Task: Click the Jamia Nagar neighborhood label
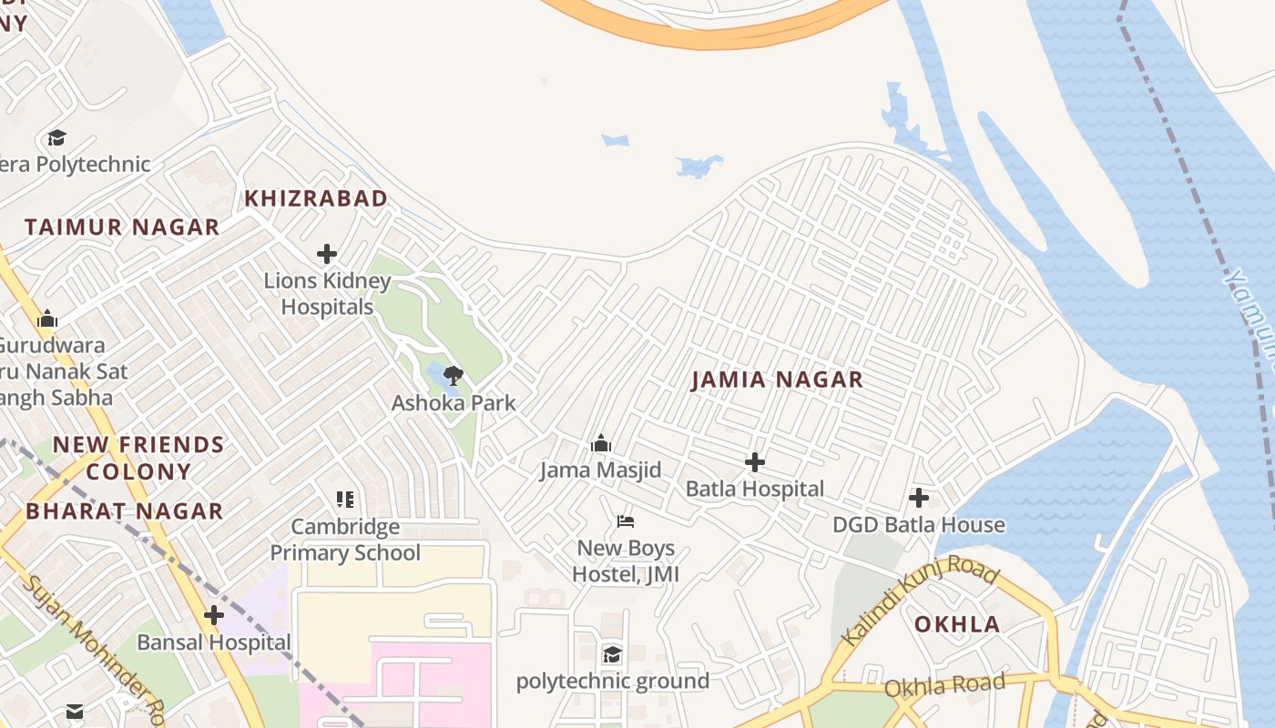click(x=777, y=379)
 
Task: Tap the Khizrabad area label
click(x=316, y=198)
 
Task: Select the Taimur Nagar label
click(x=122, y=227)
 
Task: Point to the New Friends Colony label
click(x=138, y=458)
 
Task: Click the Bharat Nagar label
click(x=125, y=511)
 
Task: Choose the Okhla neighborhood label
click(x=957, y=624)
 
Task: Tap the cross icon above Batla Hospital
click(x=754, y=462)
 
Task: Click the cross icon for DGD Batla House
click(x=919, y=498)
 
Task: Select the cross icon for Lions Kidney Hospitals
click(x=327, y=254)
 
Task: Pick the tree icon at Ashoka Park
click(x=454, y=375)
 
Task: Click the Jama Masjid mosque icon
click(x=600, y=444)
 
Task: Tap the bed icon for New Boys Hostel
click(x=626, y=521)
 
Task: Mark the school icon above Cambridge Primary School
click(x=345, y=499)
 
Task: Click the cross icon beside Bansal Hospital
click(x=214, y=616)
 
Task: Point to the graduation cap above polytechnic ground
click(x=612, y=654)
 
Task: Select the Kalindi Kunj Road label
click(x=920, y=602)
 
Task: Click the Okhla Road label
click(x=944, y=685)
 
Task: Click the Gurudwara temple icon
click(x=47, y=319)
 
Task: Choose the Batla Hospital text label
click(x=754, y=489)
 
